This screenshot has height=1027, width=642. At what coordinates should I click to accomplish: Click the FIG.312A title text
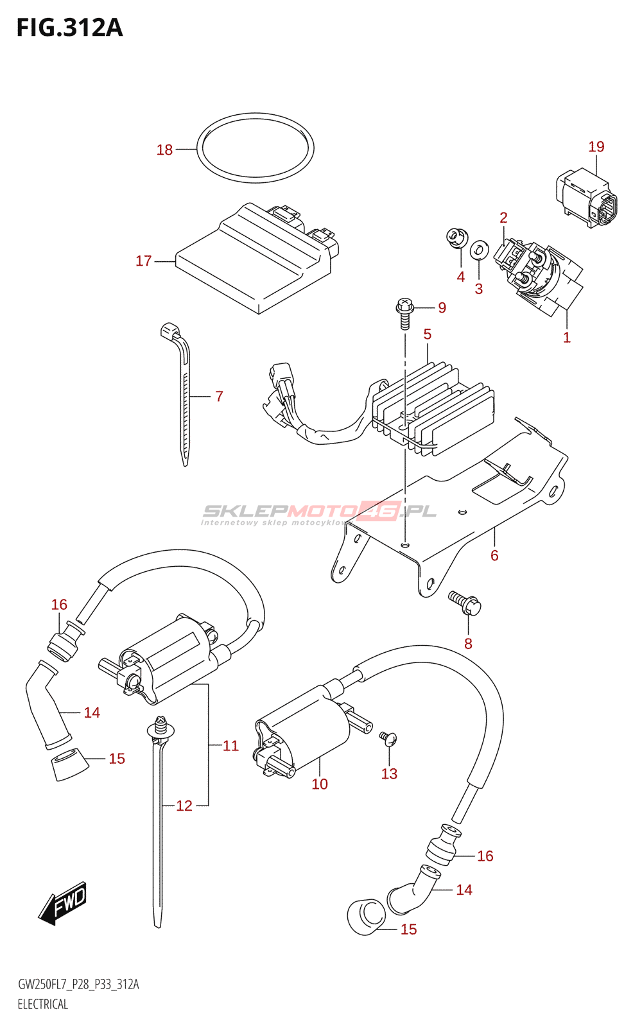click(x=70, y=28)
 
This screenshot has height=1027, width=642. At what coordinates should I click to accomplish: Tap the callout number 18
click(x=164, y=150)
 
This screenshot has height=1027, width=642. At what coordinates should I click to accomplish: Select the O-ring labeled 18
click(x=256, y=145)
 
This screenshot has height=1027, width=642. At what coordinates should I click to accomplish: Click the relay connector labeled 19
click(x=587, y=198)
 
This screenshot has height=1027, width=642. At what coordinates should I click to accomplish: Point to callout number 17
click(x=143, y=261)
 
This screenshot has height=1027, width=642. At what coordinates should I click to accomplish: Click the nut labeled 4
click(x=456, y=238)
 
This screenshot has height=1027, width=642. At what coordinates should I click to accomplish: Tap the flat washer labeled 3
click(x=479, y=250)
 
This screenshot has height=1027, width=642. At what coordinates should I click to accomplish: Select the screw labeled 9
click(x=404, y=314)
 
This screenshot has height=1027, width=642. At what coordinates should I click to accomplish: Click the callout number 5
click(x=428, y=334)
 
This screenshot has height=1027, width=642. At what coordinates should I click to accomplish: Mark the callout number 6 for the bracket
click(x=494, y=555)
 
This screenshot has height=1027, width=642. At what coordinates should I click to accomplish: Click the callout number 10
click(x=320, y=784)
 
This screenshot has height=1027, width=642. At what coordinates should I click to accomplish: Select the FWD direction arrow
click(x=62, y=902)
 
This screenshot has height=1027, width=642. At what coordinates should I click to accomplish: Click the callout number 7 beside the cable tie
click(x=219, y=396)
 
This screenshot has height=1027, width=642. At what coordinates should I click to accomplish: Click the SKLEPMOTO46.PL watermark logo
click(x=318, y=513)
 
